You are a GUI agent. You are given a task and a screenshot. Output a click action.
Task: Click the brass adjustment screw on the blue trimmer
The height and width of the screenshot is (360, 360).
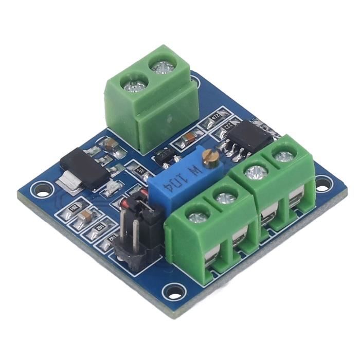[208, 156]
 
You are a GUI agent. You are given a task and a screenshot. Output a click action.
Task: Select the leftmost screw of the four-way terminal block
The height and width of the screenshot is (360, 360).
[196, 217]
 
